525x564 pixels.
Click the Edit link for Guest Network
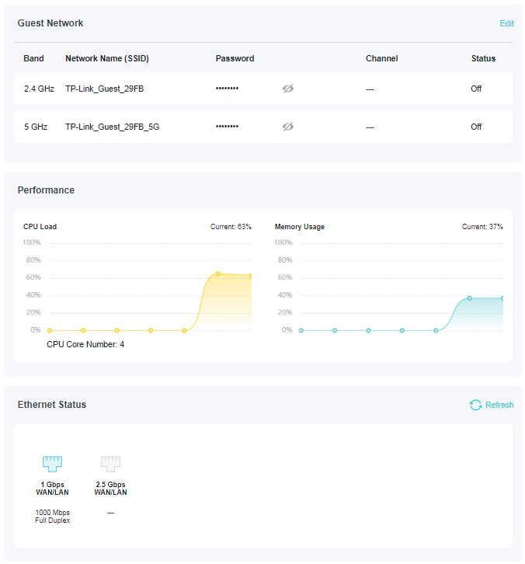506,23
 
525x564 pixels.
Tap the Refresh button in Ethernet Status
492,405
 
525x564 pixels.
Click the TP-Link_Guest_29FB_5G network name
112,127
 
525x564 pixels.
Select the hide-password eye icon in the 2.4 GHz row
288,89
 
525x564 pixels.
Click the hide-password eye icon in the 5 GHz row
288,127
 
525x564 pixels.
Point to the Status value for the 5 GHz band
476,127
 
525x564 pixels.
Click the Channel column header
381,58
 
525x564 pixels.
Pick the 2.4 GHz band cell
39,89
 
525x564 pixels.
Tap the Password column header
235,58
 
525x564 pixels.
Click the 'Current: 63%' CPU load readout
231,227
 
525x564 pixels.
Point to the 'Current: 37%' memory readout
482,227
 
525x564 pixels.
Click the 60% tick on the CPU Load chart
33,277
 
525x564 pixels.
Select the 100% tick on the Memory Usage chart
283,242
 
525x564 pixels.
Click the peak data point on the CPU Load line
217,273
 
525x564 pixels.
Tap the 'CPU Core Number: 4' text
85,344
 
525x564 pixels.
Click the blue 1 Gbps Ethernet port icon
52,464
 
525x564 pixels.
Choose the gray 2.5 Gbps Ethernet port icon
110,464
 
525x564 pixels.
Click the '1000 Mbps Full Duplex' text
52,517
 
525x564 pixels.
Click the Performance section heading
46,190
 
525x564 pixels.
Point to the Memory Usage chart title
300,227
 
